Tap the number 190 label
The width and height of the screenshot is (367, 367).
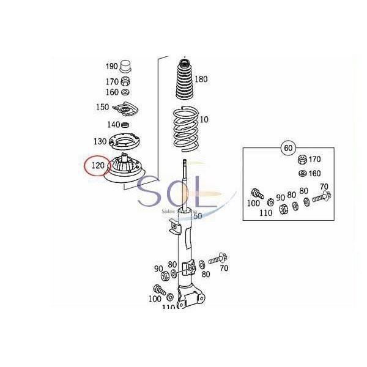tap(111, 65)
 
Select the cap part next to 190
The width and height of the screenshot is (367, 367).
tap(127, 65)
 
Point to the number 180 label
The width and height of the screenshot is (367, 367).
tap(201, 79)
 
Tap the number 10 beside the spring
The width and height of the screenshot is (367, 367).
tap(203, 119)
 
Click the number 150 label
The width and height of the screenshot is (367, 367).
tap(102, 107)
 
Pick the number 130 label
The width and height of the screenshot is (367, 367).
tap(100, 141)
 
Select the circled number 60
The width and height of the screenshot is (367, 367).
tap(288, 148)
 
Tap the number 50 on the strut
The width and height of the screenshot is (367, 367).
tap(197, 215)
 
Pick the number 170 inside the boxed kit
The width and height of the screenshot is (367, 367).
tap(314, 160)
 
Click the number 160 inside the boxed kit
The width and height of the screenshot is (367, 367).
tap(314, 173)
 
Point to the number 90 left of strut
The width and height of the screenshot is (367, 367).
tap(158, 269)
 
